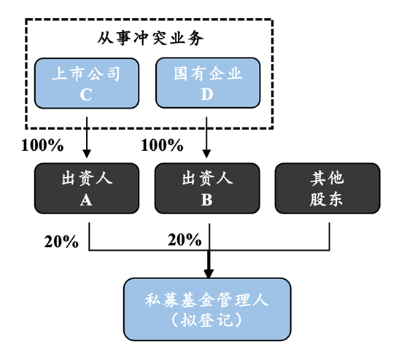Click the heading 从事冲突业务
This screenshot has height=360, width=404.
149,36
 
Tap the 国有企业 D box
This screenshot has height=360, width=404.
207,83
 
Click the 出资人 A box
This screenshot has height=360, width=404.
87,188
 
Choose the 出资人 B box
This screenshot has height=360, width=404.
207,188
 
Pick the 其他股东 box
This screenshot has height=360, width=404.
327,188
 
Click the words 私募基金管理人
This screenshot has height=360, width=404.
208,299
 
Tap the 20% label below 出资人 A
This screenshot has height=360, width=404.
61,241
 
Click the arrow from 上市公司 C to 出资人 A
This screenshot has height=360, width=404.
87,135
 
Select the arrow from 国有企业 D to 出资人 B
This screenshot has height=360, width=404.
207,135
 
